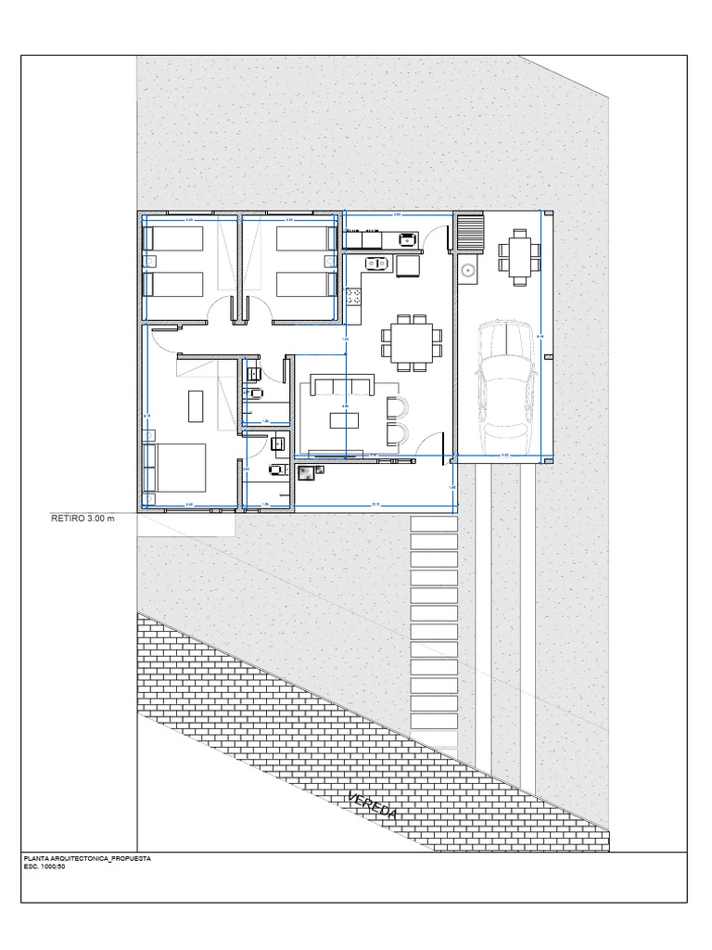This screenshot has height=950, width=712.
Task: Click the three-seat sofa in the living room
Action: tap(342, 385)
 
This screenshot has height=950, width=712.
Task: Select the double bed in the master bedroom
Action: tap(176, 468)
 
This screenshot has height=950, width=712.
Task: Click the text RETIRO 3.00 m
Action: tap(82, 519)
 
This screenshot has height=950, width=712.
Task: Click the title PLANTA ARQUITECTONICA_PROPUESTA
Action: tap(87, 859)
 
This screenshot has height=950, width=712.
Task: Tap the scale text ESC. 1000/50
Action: tap(44, 867)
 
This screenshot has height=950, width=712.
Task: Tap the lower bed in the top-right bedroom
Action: tap(306, 284)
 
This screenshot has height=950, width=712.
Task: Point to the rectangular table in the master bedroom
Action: tap(196, 406)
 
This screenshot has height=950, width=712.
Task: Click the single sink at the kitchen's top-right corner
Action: tap(407, 239)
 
